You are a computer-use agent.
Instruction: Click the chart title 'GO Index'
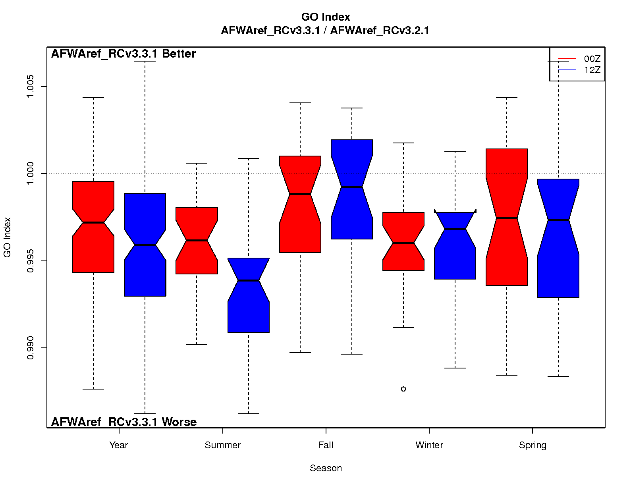326,17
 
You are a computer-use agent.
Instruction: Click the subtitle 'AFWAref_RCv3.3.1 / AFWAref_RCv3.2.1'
325,31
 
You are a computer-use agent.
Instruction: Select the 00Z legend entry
592,59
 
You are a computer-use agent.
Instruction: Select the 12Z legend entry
592,70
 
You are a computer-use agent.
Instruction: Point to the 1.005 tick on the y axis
30,87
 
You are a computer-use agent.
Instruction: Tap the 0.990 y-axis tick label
30,348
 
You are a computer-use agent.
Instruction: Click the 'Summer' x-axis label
222,445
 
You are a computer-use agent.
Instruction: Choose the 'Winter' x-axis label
429,445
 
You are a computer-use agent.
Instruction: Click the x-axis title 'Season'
326,468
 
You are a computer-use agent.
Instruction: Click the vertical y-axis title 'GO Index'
7,237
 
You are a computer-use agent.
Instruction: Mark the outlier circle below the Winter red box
403,389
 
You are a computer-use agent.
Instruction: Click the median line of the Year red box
93,223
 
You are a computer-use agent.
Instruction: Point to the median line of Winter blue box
455,229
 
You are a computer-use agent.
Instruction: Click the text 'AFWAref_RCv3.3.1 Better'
123,54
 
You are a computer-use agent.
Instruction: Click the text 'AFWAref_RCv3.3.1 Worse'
124,422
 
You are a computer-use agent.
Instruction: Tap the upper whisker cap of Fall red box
300,103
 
